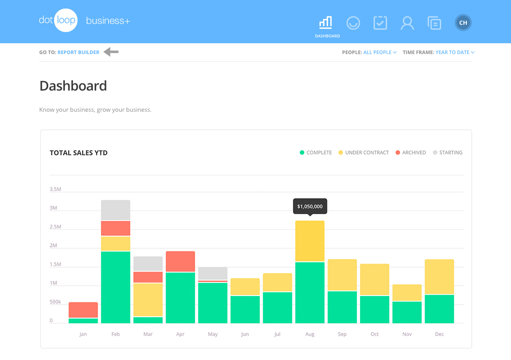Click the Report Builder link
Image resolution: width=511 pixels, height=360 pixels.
(x=78, y=52)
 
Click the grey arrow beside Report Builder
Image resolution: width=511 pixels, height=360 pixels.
(x=111, y=52)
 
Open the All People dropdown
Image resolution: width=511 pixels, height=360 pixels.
(x=379, y=52)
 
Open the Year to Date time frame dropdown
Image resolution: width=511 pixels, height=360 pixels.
(x=455, y=52)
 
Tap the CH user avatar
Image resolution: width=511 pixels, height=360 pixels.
(x=463, y=23)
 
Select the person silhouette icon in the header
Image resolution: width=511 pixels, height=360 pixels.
(x=407, y=23)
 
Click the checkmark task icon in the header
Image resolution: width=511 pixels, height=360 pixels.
(x=380, y=23)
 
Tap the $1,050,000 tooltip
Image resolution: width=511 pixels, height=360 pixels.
(x=310, y=206)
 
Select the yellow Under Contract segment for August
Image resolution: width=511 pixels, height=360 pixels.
(x=310, y=241)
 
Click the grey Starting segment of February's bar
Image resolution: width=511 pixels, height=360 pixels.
(x=115, y=210)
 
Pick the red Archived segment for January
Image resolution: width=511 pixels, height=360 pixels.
(x=83, y=310)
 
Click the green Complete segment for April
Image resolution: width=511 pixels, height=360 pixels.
(x=180, y=297)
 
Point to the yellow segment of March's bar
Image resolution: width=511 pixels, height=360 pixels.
(x=148, y=300)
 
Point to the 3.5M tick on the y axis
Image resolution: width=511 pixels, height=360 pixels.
(x=55, y=189)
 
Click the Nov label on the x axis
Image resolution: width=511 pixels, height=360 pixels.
(x=407, y=334)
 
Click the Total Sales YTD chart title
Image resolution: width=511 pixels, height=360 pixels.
(x=78, y=153)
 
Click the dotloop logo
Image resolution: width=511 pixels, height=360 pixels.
(x=58, y=21)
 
